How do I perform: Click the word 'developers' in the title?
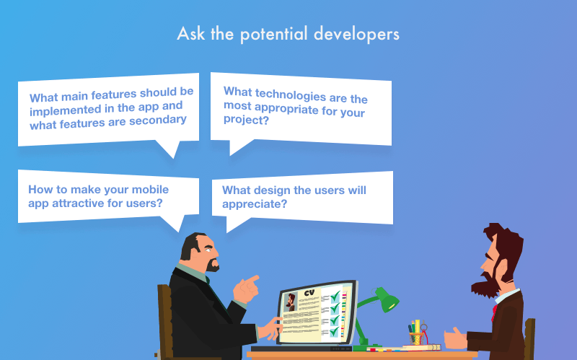coord(356,34)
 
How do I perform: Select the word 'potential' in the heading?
coord(274,34)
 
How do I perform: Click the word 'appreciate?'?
coord(255,204)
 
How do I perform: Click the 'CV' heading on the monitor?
coord(309,293)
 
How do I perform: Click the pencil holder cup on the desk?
coord(416,338)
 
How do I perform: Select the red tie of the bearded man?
coord(494,312)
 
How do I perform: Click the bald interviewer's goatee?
coord(212,265)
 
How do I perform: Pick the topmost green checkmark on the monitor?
coord(335,296)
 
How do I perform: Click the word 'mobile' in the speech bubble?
coord(150,189)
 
